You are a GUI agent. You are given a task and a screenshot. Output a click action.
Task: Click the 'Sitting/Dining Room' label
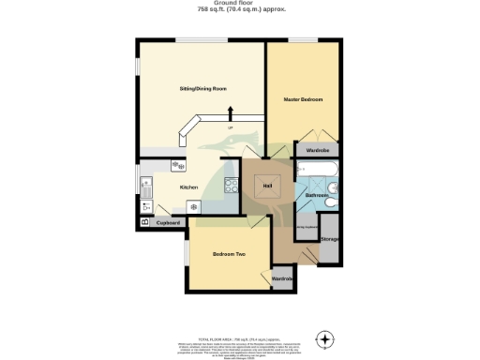click(x=203, y=89)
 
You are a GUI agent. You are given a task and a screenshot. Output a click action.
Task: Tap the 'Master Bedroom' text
click(x=304, y=98)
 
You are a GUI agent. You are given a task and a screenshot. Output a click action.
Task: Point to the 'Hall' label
click(x=268, y=187)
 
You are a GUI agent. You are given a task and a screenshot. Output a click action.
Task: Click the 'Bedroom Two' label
click(x=228, y=254)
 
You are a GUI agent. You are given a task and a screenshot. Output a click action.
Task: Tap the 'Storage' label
click(x=329, y=239)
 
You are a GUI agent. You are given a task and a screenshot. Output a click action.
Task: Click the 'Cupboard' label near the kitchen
click(x=168, y=223)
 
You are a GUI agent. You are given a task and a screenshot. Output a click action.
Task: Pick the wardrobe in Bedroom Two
click(x=282, y=279)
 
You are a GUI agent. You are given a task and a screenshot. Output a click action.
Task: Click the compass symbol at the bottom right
click(x=325, y=337)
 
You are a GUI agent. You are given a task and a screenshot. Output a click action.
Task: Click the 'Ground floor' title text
click(x=241, y=3)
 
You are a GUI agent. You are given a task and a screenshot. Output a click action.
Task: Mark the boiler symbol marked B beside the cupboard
click(x=144, y=222)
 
